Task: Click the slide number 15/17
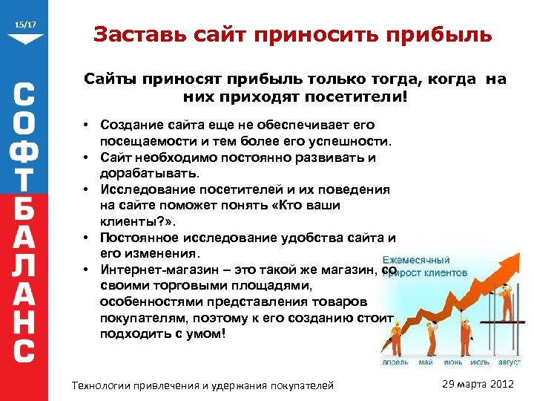click(x=25, y=25)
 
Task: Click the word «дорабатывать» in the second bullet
click(x=148, y=173)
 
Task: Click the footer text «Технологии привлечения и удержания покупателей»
click(x=201, y=385)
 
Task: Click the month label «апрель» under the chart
click(x=395, y=362)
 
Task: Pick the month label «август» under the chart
click(x=509, y=362)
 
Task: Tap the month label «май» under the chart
click(x=425, y=362)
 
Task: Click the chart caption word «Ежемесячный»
click(x=416, y=260)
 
